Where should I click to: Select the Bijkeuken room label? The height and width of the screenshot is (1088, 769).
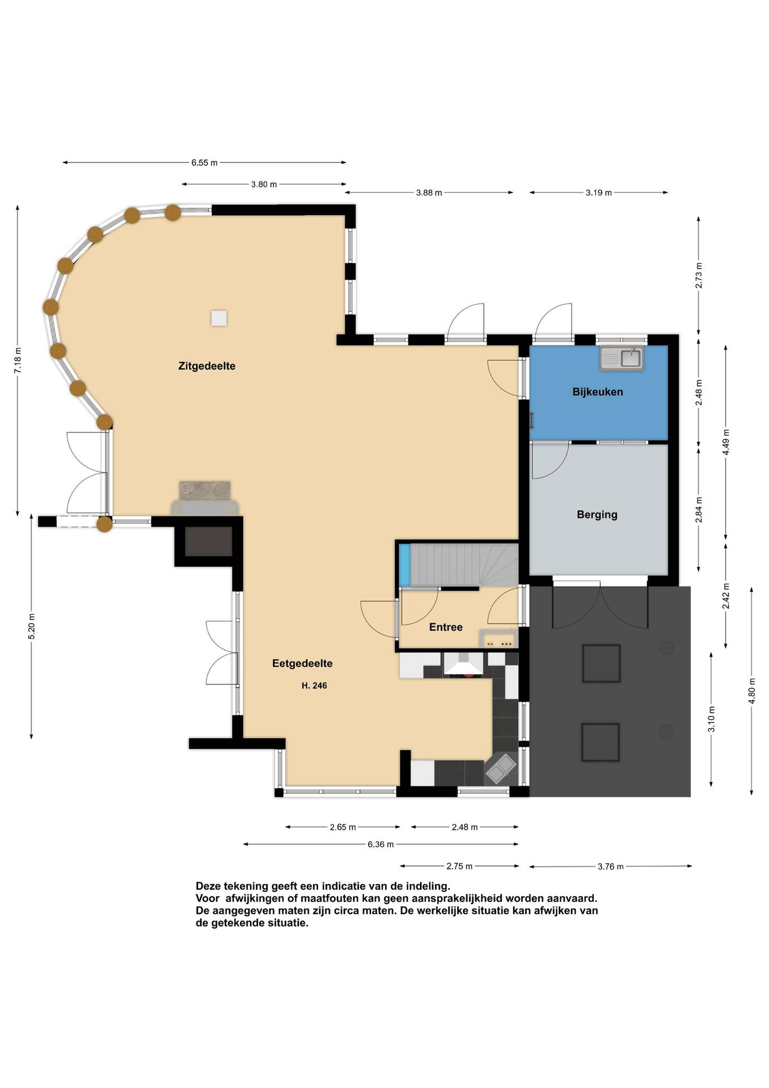598,392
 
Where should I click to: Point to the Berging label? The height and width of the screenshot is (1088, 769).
597,515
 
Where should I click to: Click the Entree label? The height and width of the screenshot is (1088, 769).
445,627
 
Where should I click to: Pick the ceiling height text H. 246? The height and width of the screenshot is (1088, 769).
314,686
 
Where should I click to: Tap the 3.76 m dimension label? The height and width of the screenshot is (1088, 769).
610,867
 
